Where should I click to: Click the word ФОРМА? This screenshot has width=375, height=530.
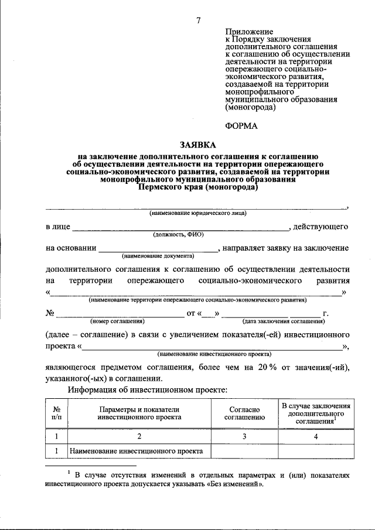(x=242, y=125)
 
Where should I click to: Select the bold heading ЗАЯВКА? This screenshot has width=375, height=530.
(x=198, y=145)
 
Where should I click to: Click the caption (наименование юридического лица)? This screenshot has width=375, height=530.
(x=198, y=214)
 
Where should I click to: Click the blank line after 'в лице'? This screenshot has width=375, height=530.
(x=180, y=227)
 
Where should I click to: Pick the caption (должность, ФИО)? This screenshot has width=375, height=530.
(x=179, y=234)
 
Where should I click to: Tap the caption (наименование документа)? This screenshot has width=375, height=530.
(x=158, y=256)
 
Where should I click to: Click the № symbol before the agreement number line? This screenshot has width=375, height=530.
(x=50, y=313)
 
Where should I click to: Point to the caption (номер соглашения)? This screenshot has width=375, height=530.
(x=117, y=322)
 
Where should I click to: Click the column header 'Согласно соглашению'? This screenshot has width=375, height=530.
(x=245, y=413)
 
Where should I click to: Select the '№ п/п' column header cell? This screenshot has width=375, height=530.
(x=56, y=413)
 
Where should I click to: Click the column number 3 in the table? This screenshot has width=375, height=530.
(x=245, y=436)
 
